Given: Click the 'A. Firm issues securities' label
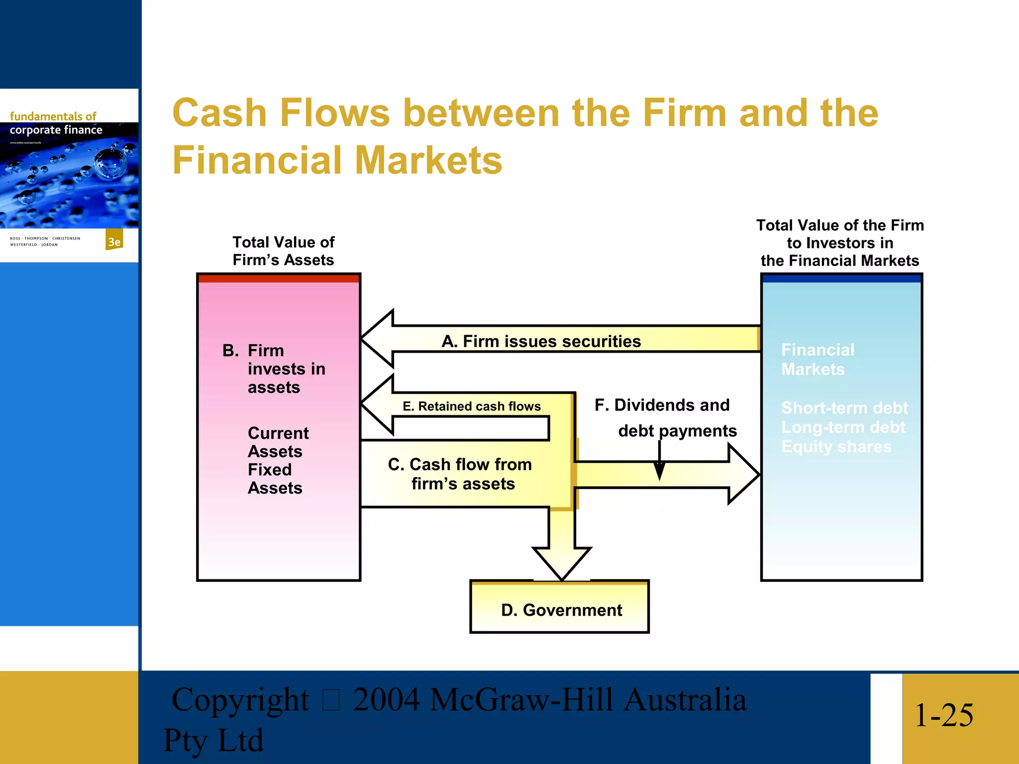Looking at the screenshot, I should tap(541, 341).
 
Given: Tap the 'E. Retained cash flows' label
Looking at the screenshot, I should tap(471, 406).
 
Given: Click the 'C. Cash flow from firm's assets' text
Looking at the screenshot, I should tap(460, 474).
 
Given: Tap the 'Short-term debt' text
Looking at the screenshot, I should tap(844, 408).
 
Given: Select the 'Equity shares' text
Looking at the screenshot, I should tap(836, 447).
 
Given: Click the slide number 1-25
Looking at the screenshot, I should tap(943, 715).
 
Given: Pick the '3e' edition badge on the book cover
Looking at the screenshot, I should tap(114, 242).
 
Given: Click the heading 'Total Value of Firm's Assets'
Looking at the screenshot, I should tap(284, 251).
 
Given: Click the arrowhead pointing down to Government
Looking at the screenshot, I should tap(562, 562).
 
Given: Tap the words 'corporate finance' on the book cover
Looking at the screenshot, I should tap(56, 130).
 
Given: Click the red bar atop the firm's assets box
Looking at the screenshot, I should tap(279, 278).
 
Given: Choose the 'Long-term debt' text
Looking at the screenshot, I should tap(843, 427).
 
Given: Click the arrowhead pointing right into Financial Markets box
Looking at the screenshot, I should tap(742, 475).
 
